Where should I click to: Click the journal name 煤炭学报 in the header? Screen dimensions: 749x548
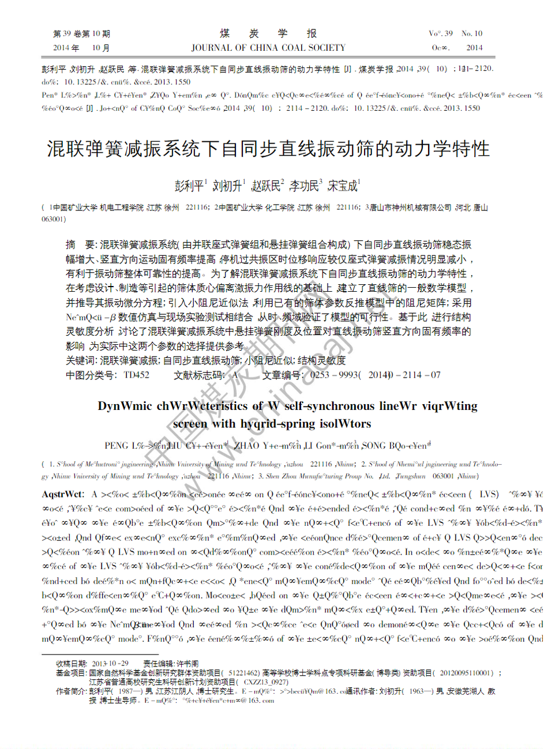click(x=268, y=33)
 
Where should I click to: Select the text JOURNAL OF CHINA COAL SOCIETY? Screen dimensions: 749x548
click(x=268, y=48)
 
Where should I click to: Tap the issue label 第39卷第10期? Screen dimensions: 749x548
click(x=81, y=34)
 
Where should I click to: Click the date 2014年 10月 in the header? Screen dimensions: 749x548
click(x=81, y=48)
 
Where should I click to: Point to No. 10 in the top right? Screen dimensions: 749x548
click(x=472, y=33)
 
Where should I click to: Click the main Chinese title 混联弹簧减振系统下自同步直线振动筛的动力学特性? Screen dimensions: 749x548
click(x=268, y=149)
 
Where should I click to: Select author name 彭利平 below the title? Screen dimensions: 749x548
click(x=189, y=186)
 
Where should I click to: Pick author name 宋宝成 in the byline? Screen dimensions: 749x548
click(x=343, y=186)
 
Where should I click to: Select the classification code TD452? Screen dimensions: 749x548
click(x=137, y=375)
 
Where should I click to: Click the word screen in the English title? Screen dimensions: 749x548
click(x=190, y=424)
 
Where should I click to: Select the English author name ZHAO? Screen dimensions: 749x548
click(x=246, y=446)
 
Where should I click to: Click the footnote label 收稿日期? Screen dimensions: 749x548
click(x=71, y=664)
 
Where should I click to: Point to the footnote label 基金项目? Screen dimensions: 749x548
click(x=71, y=673)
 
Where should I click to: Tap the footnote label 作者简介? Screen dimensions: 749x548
click(x=71, y=691)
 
